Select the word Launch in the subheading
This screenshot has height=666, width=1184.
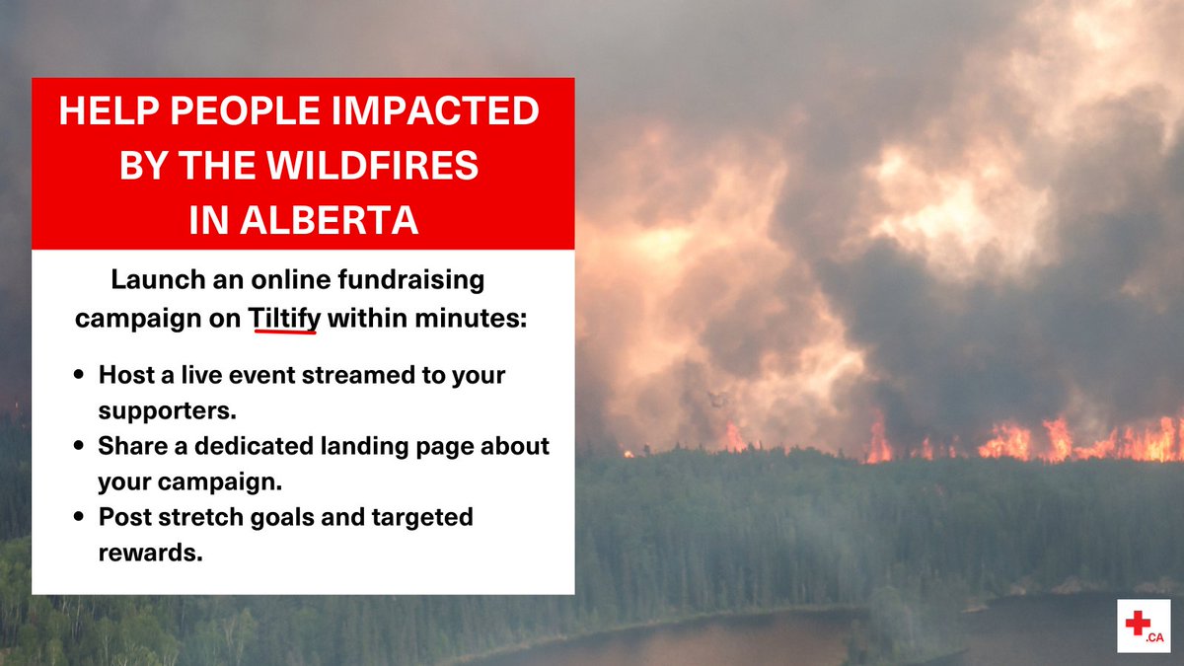tap(148, 280)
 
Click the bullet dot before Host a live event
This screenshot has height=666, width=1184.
tap(78, 377)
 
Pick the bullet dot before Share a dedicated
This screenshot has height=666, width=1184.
tap(78, 447)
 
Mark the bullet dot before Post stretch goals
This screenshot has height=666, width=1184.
tap(78, 517)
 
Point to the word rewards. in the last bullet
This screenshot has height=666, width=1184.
tap(150, 552)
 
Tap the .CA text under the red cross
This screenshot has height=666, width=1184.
tap(1155, 639)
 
